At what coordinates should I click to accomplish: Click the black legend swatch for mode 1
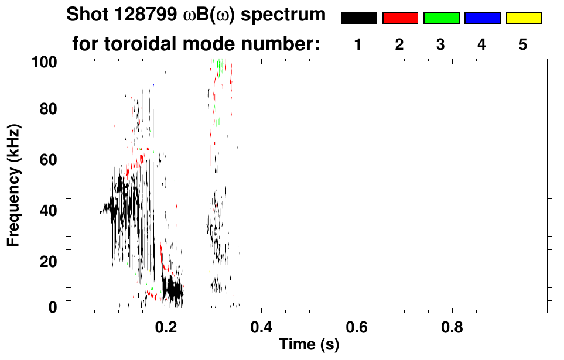[x=358, y=18]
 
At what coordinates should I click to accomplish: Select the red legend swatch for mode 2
[x=400, y=18]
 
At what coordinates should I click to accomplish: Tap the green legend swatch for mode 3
[x=441, y=18]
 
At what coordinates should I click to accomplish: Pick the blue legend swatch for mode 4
[x=482, y=18]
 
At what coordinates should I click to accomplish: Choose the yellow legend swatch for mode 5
[x=524, y=18]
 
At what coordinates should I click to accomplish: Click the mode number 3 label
[x=441, y=44]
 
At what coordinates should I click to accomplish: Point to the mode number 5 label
[x=523, y=44]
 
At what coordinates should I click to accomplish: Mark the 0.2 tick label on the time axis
[x=166, y=326]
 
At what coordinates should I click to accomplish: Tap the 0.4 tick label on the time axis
[x=261, y=326]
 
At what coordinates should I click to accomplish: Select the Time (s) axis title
[x=308, y=345]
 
